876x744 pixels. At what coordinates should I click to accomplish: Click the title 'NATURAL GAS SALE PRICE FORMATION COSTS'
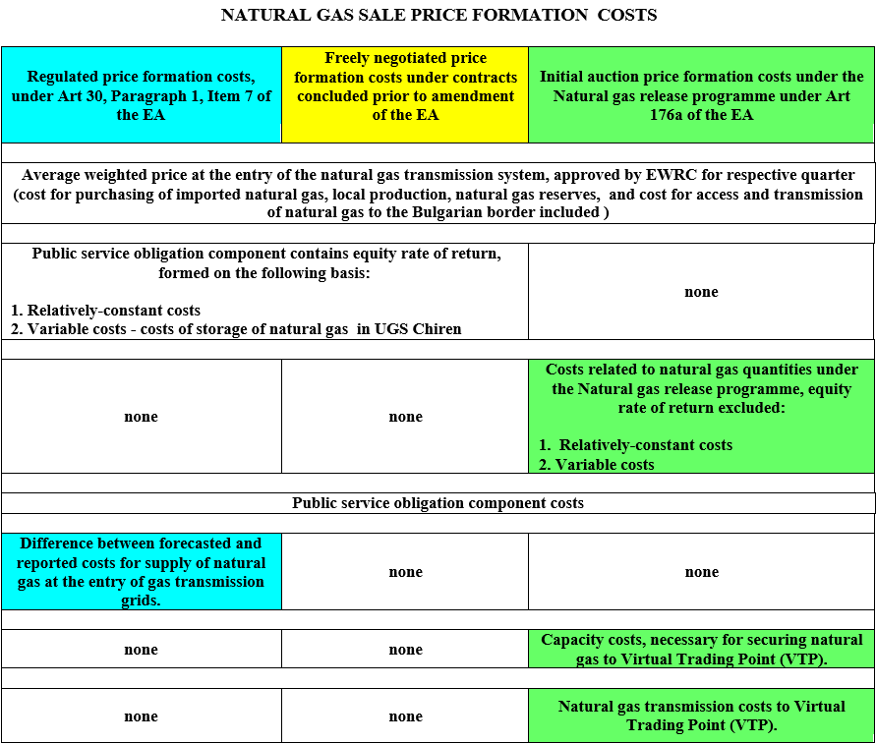pos(438,15)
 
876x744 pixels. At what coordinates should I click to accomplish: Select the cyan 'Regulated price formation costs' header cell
pos(141,95)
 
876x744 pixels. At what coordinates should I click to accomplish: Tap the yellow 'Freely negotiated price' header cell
pos(405,86)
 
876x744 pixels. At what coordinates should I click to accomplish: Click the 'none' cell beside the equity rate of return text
pos(701,292)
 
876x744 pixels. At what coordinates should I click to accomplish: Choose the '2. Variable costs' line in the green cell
pos(596,465)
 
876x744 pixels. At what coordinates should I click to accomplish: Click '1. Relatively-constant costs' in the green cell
pos(636,445)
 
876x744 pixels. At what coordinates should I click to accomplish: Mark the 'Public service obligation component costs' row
pos(438,503)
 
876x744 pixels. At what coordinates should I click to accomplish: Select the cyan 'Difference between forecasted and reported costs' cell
pos(141,571)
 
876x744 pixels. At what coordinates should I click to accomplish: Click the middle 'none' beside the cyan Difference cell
pos(405,572)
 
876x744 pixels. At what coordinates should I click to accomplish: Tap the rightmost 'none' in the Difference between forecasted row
pos(701,572)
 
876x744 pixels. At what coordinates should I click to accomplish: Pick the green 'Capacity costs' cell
pos(701,649)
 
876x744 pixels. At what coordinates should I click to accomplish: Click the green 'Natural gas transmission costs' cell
pos(701,715)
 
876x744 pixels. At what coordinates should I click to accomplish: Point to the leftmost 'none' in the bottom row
pos(141,716)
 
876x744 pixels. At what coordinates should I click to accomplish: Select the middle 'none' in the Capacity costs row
pos(405,650)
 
